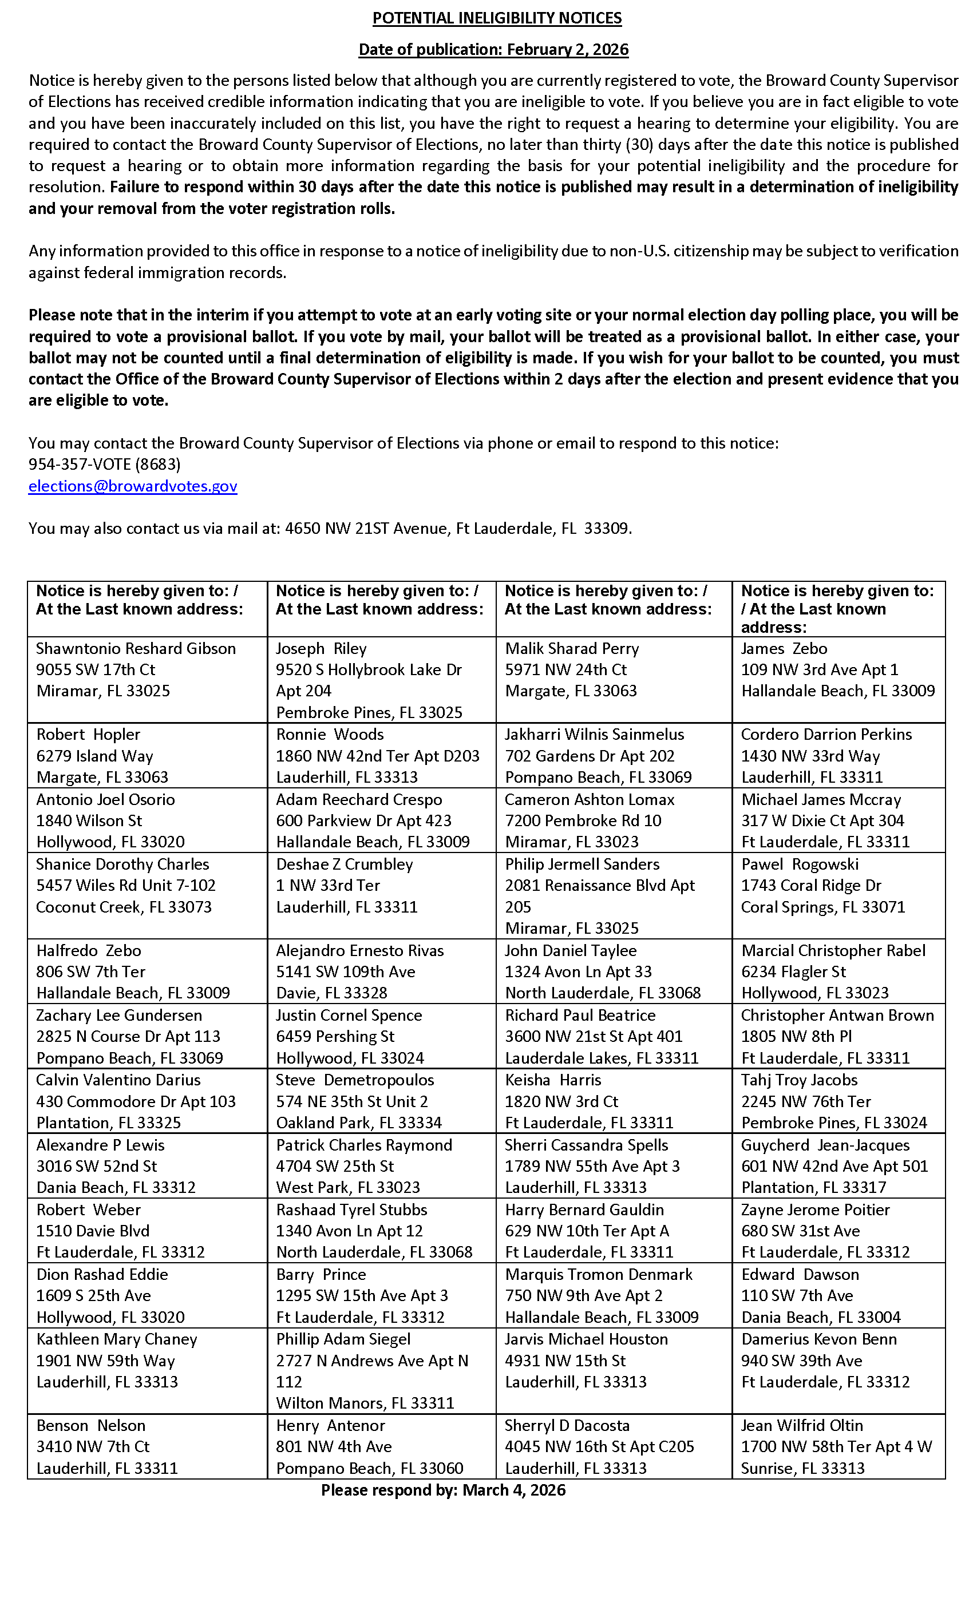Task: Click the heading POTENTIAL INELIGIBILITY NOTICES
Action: [x=497, y=18]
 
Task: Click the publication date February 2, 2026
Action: [x=567, y=49]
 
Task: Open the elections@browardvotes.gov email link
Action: [x=133, y=486]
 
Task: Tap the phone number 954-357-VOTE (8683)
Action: [x=105, y=464]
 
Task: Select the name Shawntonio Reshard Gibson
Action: [x=136, y=648]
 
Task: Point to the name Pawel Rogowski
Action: [x=800, y=864]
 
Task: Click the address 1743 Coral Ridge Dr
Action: [x=811, y=886]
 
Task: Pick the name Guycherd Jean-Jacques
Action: [x=825, y=1145]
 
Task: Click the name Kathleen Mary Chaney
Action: [x=116, y=1339]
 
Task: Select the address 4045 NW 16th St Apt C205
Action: [x=599, y=1446]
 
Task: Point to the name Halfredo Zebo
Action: [x=89, y=950]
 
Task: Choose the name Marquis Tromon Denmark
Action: [x=598, y=1274]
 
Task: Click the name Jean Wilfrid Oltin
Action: [x=801, y=1425]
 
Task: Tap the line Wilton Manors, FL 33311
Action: [x=365, y=1403]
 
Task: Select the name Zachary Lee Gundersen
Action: [x=119, y=1015]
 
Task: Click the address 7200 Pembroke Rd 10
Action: [x=583, y=820]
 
